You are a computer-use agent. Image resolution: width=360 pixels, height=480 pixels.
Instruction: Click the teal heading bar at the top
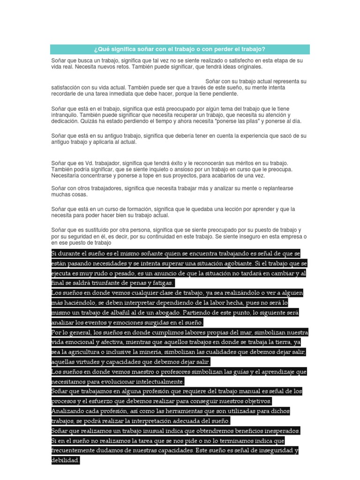(x=180, y=49)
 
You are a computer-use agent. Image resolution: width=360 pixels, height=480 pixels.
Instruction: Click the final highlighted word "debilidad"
(x=65, y=460)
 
